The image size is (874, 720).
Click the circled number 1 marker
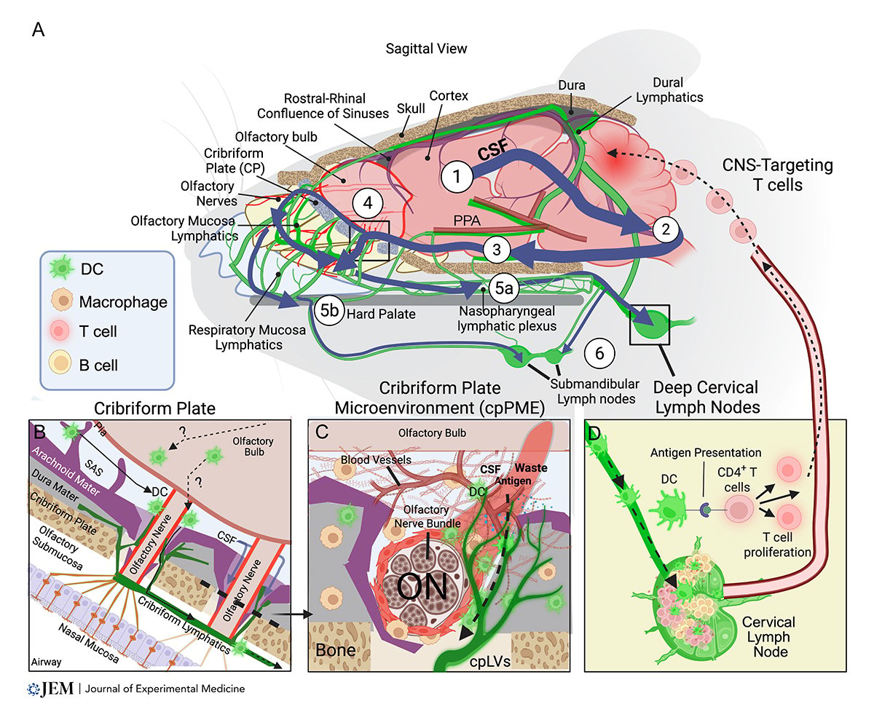[x=457, y=177]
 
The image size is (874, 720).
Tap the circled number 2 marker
[x=666, y=229]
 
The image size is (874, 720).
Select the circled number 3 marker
[x=497, y=250]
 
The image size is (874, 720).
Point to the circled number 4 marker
[x=368, y=203]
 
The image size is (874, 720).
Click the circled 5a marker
[x=504, y=288]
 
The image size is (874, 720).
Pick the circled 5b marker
[x=329, y=310]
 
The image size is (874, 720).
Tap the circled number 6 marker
[x=599, y=354]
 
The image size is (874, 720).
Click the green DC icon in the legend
[x=62, y=268]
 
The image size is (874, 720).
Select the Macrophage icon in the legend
[x=62, y=301]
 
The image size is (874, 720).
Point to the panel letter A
[x=38, y=30]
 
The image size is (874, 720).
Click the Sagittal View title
[x=426, y=49]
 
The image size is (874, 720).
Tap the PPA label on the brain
[x=467, y=221]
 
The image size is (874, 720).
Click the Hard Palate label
[x=381, y=314]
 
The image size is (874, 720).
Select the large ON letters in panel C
[x=422, y=587]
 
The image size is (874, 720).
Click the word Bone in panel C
[x=336, y=649]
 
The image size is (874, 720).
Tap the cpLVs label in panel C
[x=489, y=661]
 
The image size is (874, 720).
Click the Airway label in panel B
[x=46, y=662]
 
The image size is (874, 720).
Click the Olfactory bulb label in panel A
[x=276, y=137]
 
